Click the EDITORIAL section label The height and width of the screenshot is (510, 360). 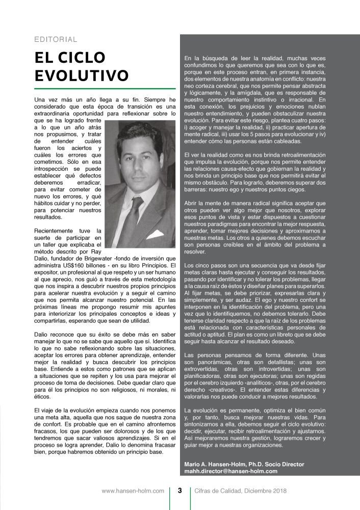click(x=56, y=39)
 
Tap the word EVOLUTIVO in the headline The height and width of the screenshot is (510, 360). click(x=81, y=75)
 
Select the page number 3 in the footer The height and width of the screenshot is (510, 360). click(x=179, y=491)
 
